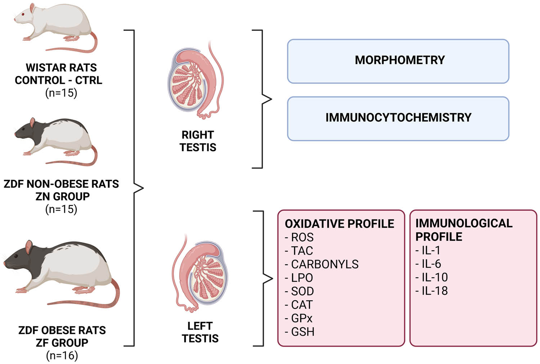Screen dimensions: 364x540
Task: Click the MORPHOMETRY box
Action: coord(398,61)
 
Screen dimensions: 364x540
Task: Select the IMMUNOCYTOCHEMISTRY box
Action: coord(398,118)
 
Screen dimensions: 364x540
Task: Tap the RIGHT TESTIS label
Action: coord(198,141)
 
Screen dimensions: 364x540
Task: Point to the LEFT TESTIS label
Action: coord(200,332)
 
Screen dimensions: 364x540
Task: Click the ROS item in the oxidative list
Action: coord(302,237)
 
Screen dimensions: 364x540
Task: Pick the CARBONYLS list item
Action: coord(324,264)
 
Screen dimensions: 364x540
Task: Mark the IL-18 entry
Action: coord(434,291)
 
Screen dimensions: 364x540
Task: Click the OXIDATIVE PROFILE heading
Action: coord(339,224)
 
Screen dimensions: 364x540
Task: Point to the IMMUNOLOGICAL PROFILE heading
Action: coord(464,230)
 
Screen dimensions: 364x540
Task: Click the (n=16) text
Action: coord(62,356)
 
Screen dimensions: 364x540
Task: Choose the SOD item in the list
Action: coord(302,291)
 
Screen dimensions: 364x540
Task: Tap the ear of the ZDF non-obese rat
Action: coord(33,123)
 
